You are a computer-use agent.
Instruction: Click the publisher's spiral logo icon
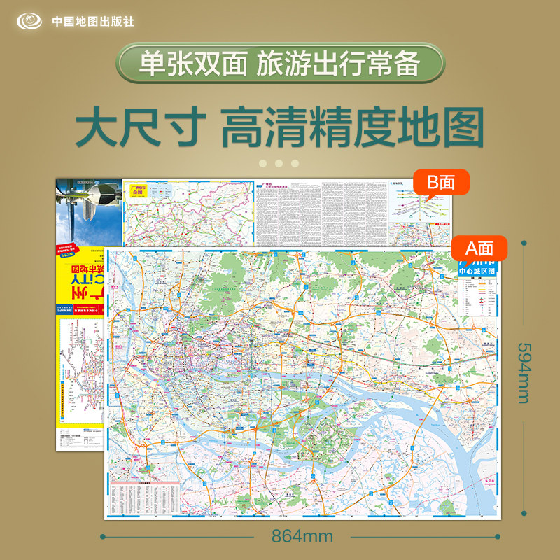point(29,20)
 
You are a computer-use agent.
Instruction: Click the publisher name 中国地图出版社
point(93,21)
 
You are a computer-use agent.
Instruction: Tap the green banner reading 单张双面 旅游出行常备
point(279,65)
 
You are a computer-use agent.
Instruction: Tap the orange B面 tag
point(442,182)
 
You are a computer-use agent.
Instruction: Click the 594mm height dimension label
point(526,373)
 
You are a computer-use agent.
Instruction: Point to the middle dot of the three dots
point(279,163)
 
